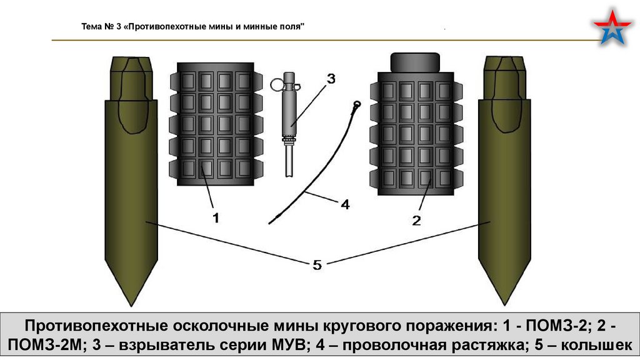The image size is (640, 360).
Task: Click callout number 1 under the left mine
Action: tap(216, 218)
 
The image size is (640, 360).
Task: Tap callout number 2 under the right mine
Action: tap(417, 220)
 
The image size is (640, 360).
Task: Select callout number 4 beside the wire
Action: tap(345, 204)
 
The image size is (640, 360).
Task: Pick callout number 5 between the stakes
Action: tap(317, 265)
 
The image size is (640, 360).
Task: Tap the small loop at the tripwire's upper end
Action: tap(357, 102)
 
